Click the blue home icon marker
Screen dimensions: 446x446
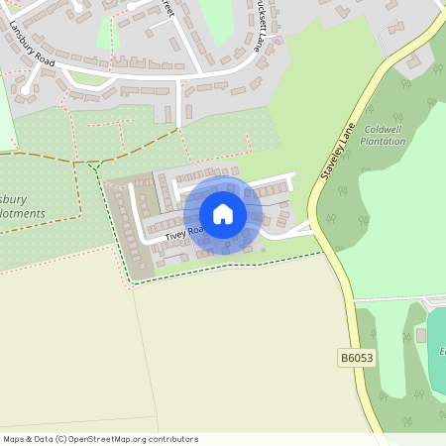223,213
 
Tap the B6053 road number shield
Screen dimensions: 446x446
356,358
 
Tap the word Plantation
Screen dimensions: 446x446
384,141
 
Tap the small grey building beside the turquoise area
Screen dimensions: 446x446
420,335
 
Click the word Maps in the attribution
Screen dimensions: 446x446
15,439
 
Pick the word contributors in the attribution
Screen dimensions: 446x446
173,439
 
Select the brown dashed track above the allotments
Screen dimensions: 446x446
50,156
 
